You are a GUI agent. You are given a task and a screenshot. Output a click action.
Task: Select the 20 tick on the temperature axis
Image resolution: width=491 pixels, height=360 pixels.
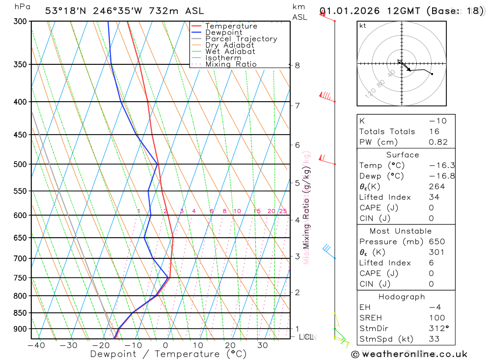230,345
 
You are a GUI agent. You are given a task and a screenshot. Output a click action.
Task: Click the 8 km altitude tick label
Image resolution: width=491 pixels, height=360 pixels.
297,65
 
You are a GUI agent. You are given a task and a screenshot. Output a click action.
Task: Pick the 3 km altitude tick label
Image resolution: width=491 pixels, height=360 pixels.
297,256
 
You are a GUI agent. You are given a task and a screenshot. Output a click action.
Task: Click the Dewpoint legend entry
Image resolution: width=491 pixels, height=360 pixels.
223,33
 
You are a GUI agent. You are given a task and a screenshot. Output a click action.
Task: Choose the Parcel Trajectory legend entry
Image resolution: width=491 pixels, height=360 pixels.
241,39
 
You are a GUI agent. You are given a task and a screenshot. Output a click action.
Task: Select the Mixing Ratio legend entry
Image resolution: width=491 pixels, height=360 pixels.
231,64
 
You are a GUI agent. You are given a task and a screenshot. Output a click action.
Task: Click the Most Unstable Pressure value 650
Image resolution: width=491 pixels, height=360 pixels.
436,242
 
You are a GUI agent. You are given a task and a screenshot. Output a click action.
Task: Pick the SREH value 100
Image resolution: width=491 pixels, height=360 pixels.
436,318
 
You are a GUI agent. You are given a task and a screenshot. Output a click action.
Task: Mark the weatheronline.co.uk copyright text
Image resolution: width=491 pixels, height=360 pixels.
409,354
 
